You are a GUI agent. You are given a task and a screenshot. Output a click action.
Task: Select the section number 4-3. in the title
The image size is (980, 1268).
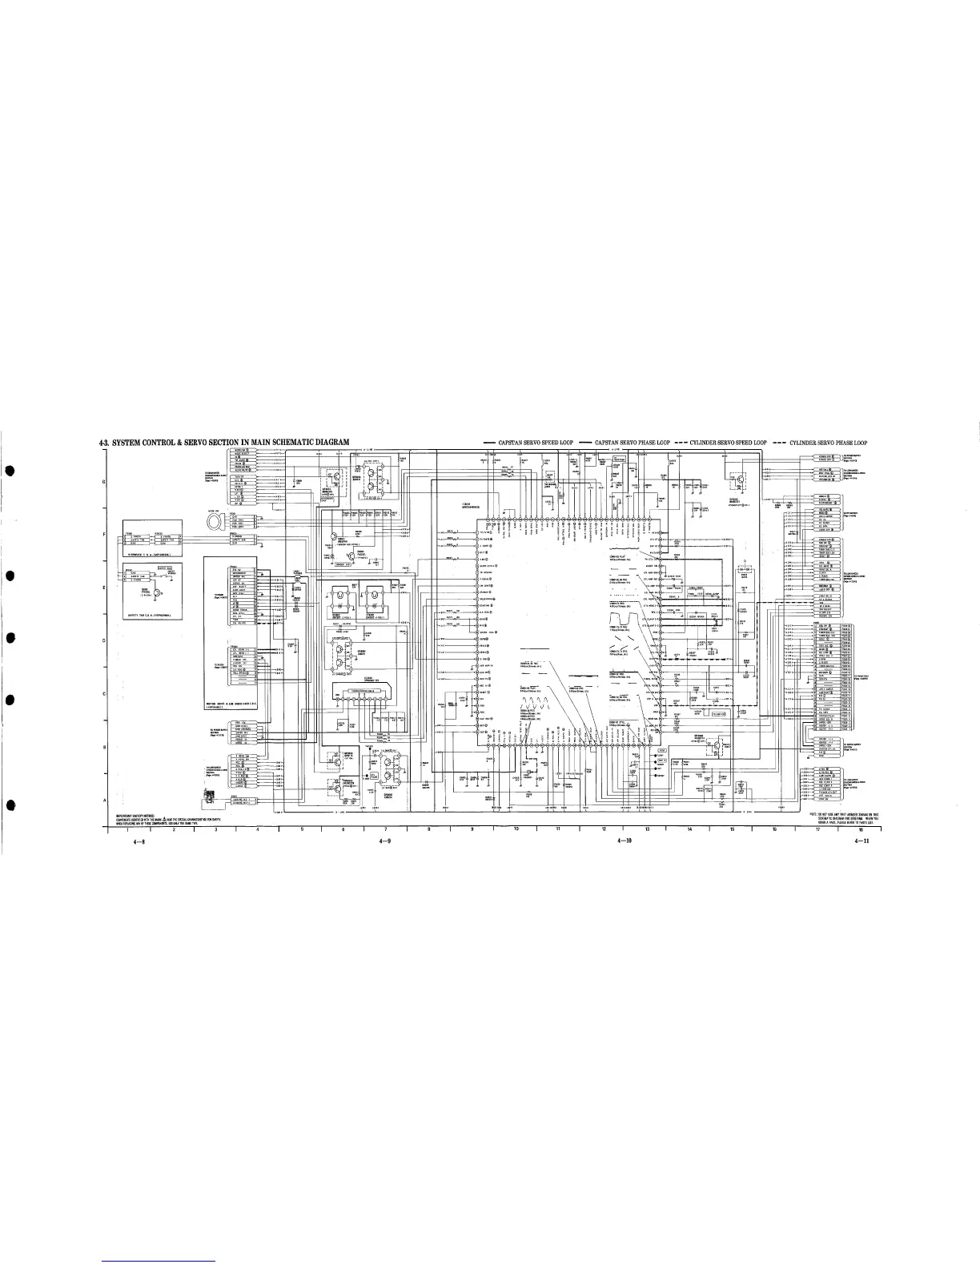coord(101,443)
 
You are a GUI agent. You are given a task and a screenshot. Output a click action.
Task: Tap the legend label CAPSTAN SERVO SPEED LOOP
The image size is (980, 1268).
coord(535,443)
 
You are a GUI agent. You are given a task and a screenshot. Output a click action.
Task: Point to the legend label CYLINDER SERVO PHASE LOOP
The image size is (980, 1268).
coord(829,443)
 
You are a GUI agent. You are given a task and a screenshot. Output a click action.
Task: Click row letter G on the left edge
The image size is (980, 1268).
coord(106,481)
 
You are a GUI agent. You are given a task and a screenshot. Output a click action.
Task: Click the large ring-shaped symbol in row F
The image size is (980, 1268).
coord(216,523)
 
